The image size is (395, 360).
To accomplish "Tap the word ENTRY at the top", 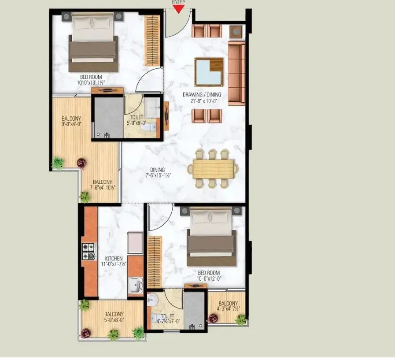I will point(178,2).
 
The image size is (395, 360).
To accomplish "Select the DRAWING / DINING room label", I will point(202,95).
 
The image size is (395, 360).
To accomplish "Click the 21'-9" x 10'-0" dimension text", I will point(202,101).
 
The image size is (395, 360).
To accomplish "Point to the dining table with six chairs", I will point(214,168).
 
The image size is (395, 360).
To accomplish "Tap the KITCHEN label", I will point(114,259).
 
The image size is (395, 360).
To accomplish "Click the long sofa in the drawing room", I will point(236,73).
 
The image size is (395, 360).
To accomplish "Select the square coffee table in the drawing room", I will point(209,72).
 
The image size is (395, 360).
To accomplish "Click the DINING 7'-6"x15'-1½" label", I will point(157,172).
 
